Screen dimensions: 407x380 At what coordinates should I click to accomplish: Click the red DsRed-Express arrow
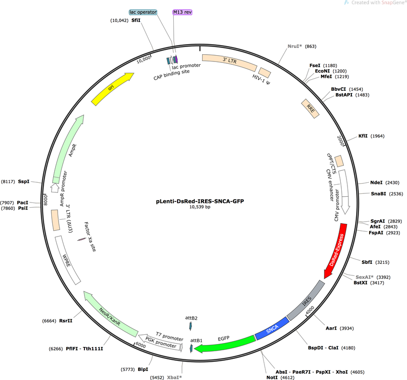[x=336, y=250]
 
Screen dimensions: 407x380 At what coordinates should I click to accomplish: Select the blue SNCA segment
[x=272, y=329]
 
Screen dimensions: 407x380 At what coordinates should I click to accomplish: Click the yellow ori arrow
[x=112, y=88]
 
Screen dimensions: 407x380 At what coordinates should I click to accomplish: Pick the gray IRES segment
[x=306, y=300]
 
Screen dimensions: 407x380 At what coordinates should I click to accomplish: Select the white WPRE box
[x=68, y=260]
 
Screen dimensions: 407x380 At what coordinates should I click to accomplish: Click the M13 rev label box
[x=182, y=12]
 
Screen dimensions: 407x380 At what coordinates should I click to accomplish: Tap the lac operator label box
[x=143, y=12]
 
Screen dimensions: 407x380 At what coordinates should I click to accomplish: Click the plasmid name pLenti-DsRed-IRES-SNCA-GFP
[x=200, y=201]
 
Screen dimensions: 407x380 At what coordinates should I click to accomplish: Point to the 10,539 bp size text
[x=200, y=207]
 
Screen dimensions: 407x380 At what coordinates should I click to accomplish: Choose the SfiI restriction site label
[x=136, y=20]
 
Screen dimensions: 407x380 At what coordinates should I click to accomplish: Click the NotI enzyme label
[x=272, y=378]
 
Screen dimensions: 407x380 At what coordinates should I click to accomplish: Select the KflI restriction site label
[x=363, y=136]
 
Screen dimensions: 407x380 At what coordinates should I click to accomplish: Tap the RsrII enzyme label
[x=66, y=321]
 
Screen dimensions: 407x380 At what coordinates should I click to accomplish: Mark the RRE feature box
[x=310, y=108]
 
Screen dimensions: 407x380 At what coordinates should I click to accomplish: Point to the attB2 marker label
[x=192, y=318]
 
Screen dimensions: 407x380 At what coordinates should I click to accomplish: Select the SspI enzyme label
[x=24, y=181]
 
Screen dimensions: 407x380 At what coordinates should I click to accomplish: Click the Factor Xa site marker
[x=82, y=239]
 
